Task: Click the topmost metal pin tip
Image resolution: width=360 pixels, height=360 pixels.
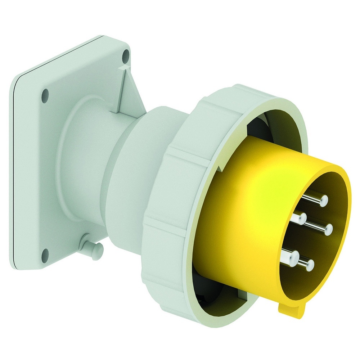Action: point(323,200)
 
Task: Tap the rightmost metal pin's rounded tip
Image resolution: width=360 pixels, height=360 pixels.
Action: point(329,228)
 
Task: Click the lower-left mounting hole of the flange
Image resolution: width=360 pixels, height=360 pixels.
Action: point(45,252)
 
